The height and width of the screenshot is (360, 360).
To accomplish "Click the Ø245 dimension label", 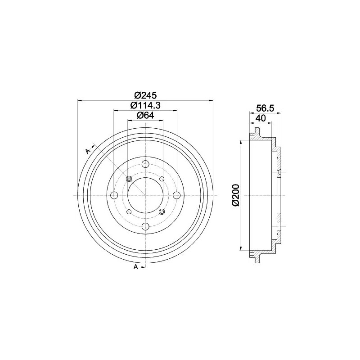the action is pyautogui.click(x=145, y=95).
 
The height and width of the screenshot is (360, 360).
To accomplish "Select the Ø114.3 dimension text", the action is pyautogui.click(x=145, y=105).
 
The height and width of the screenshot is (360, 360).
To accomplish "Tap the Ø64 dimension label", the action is pyautogui.click(x=145, y=115).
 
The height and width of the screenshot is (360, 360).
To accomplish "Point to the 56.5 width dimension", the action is pyautogui.click(x=265, y=108).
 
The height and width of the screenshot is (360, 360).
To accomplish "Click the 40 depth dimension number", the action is pyautogui.click(x=261, y=118).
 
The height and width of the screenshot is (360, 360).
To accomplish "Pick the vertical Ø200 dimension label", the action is pyautogui.click(x=235, y=195).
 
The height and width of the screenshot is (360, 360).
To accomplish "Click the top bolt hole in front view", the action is pyautogui.click(x=145, y=164).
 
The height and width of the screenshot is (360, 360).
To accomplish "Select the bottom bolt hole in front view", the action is pyautogui.click(x=145, y=227).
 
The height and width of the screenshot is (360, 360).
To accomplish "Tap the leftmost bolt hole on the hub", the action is pyautogui.click(x=114, y=195).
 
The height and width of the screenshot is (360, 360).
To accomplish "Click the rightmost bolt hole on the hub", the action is pyautogui.click(x=176, y=195).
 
